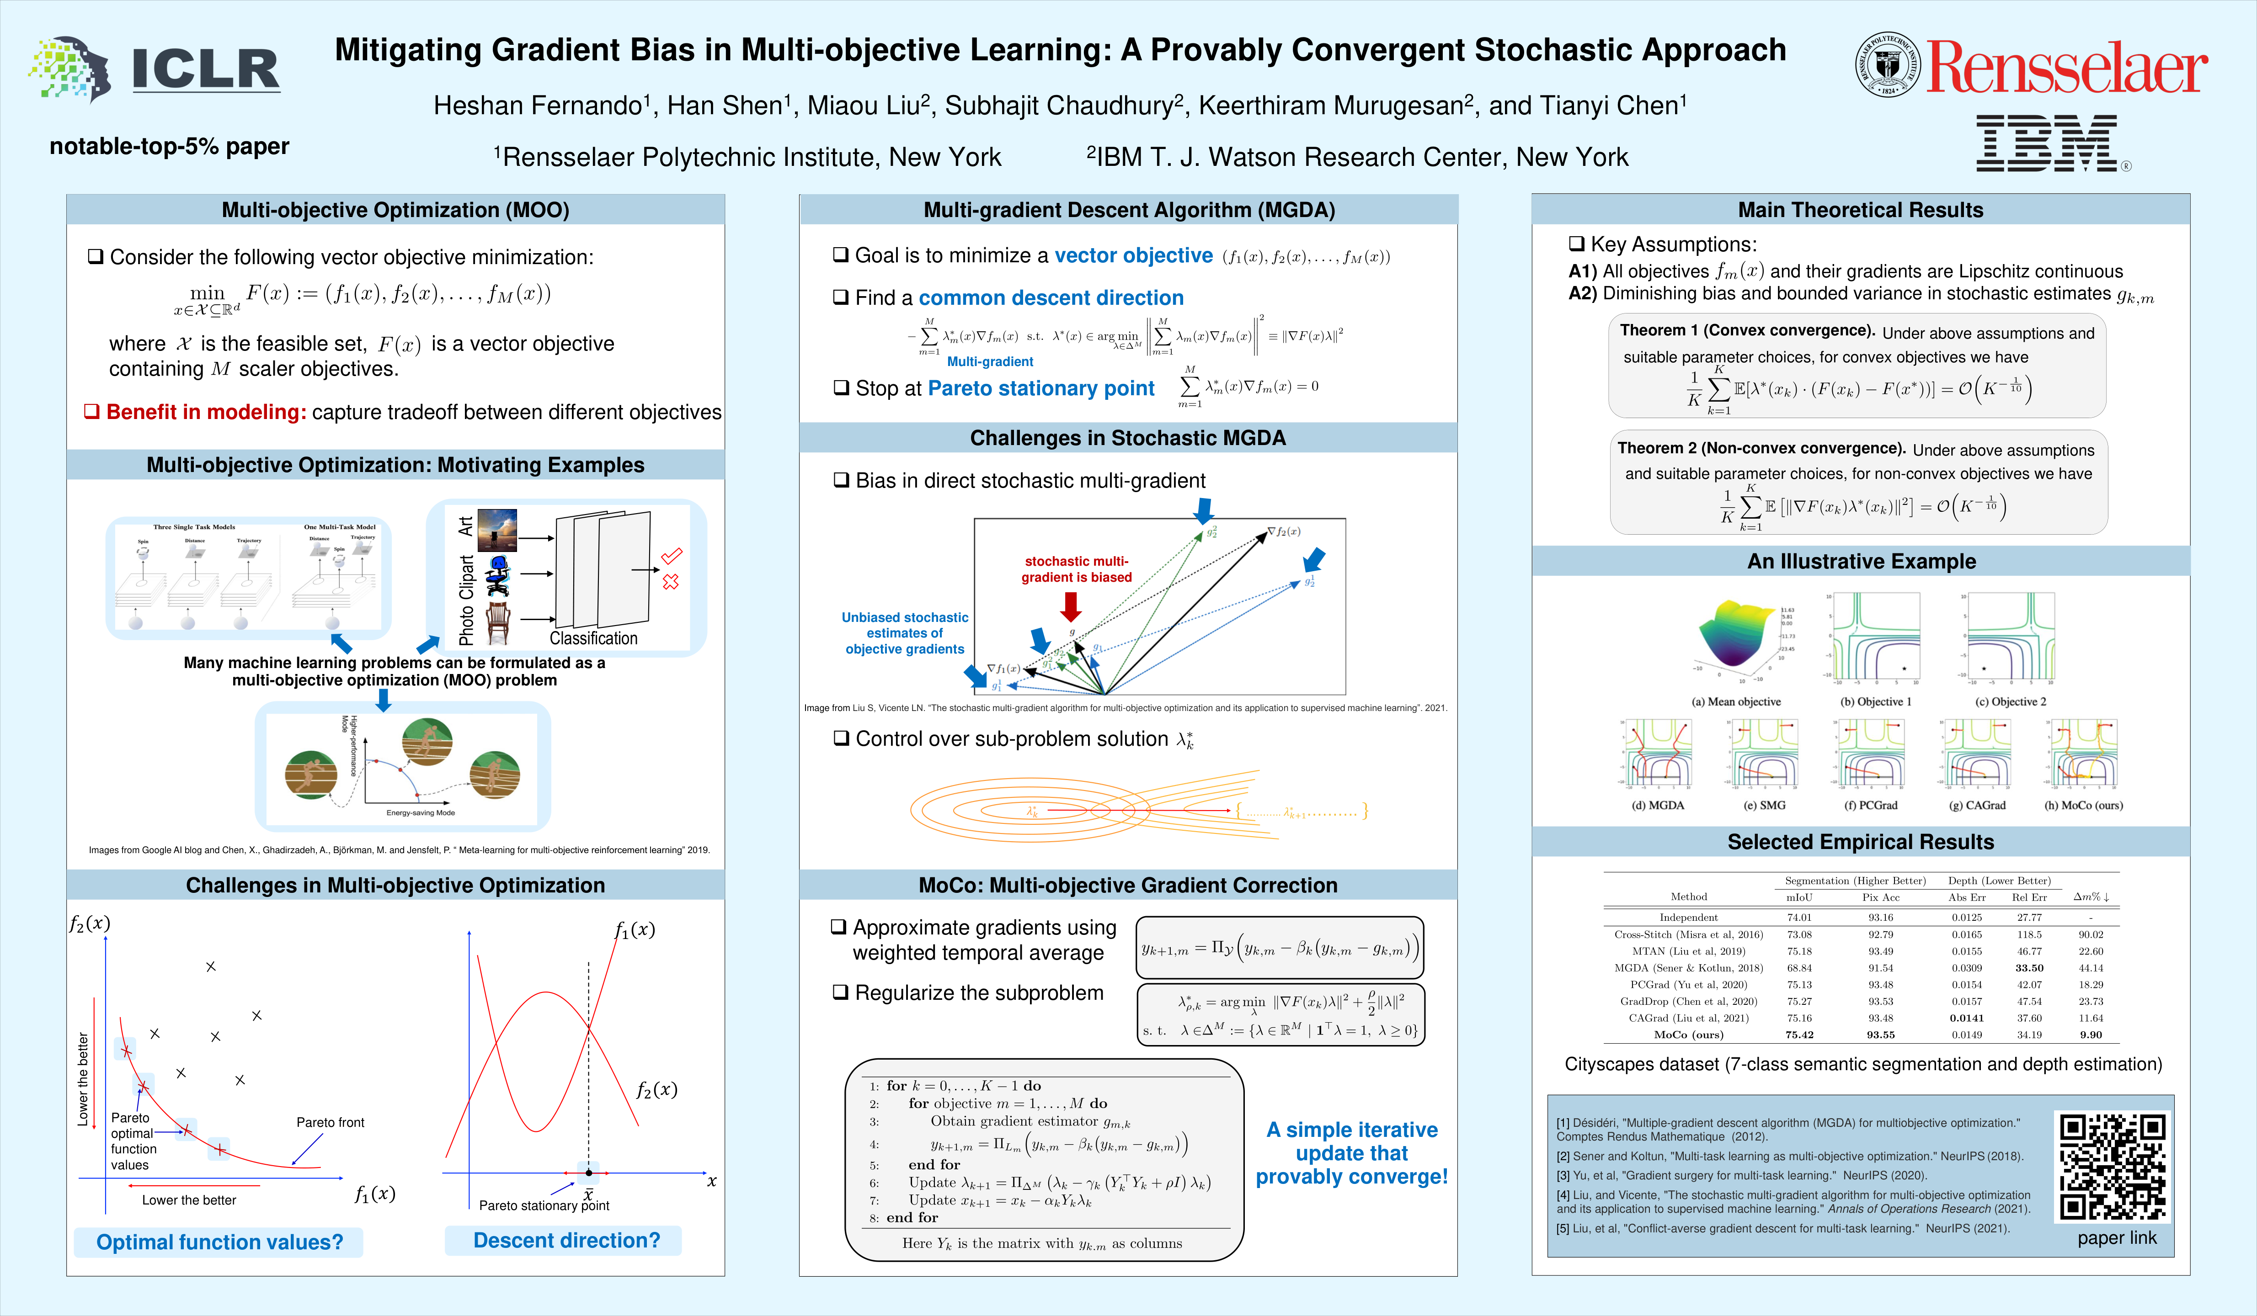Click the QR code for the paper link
(2112, 1167)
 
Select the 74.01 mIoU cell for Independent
(1799, 918)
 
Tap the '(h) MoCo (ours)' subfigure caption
(2083, 806)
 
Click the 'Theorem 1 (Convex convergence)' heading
(1746, 330)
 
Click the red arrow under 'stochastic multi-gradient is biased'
(1070, 606)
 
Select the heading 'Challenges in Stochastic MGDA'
(1128, 438)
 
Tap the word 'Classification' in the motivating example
(593, 638)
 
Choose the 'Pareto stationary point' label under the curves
(544, 1206)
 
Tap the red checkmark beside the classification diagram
(672, 556)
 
